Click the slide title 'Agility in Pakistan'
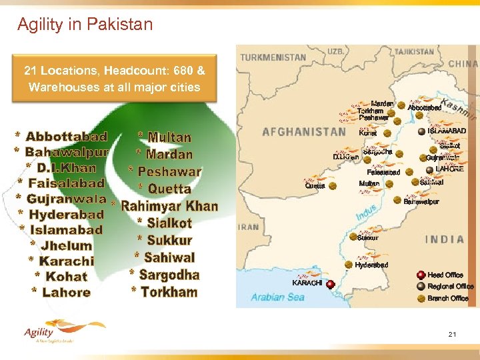click(85, 25)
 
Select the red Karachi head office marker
click(330, 285)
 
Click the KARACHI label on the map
click(307, 283)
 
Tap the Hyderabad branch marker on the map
click(349, 265)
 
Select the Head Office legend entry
click(445, 275)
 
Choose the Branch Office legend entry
click(447, 299)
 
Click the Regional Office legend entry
click(450, 287)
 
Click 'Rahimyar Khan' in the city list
click(169, 206)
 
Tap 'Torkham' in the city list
click(169, 292)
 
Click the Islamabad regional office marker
click(420, 131)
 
